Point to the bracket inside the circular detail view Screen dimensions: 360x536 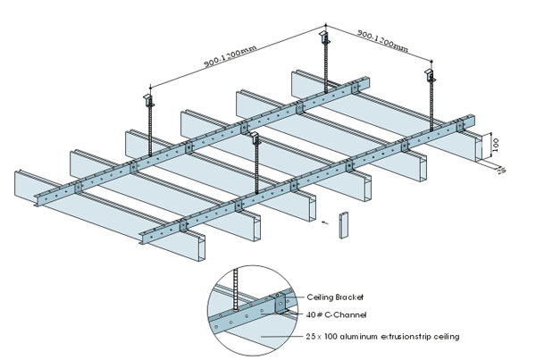[x=281, y=304]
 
